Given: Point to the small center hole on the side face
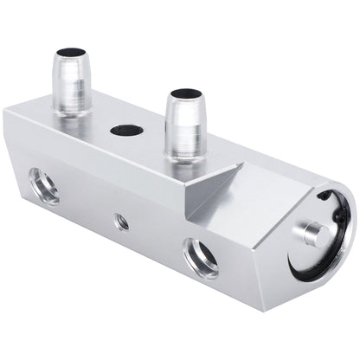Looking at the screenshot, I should pyautogui.click(x=122, y=222).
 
